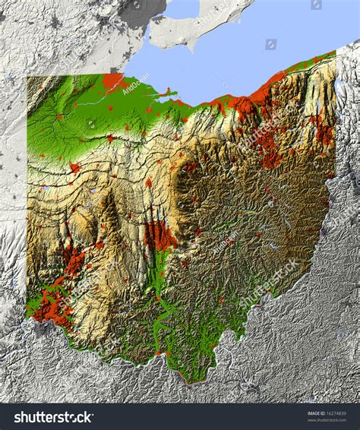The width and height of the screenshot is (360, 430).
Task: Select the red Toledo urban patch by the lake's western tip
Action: [x=114, y=79]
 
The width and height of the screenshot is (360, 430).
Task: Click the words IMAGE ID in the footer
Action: [x=315, y=413]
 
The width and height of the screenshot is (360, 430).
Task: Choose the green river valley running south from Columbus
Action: [x=163, y=281]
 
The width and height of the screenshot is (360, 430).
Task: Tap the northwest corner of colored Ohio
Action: [x=29, y=77]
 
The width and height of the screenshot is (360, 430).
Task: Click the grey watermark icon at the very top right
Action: [x=316, y=5]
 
